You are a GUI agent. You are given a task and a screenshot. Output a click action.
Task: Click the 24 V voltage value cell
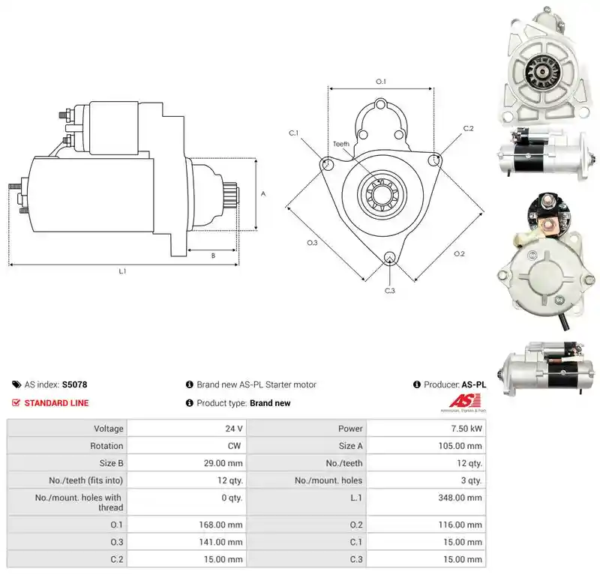click(x=234, y=429)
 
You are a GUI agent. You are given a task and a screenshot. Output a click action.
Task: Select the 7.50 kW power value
click(x=466, y=429)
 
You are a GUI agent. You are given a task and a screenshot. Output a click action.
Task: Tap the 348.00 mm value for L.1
click(x=460, y=498)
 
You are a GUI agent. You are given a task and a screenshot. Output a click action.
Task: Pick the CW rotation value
click(x=234, y=446)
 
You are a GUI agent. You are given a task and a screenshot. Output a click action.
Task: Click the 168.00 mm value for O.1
click(x=220, y=525)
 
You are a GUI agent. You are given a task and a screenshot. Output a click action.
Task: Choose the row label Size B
click(x=111, y=463)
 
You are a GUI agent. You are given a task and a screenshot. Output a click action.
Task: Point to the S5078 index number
click(x=74, y=384)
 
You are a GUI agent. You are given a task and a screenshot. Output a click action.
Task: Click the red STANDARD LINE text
click(x=57, y=403)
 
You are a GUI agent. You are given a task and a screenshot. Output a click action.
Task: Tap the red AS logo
click(x=464, y=401)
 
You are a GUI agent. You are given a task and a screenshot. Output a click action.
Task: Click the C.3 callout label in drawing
click(x=389, y=291)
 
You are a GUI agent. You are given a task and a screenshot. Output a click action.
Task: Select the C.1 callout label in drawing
click(x=293, y=133)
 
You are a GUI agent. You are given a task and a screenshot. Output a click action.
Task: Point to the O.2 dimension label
click(x=459, y=254)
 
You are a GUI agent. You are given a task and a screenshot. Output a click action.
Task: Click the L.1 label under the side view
click(x=122, y=271)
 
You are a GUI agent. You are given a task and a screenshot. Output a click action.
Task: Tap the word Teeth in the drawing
click(x=341, y=144)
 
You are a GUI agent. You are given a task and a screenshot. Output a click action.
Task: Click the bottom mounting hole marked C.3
click(x=389, y=257)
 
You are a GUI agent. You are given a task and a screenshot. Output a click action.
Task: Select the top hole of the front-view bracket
click(x=380, y=104)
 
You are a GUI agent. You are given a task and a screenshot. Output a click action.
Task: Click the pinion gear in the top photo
click(x=541, y=71)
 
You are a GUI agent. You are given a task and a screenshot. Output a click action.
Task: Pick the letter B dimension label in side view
click(x=213, y=256)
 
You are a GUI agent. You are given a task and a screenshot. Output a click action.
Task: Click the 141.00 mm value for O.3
click(x=220, y=542)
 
